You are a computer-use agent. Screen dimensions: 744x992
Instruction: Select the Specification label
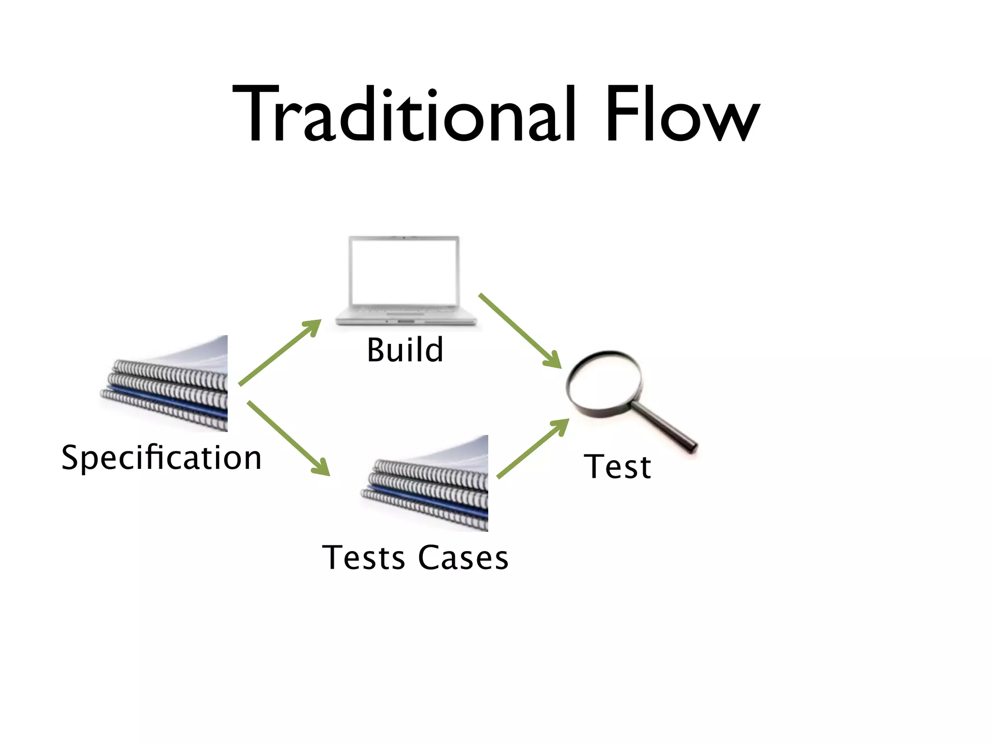coord(161,458)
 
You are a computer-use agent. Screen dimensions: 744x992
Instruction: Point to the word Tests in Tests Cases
coord(363,558)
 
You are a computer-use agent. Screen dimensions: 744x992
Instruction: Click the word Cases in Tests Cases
coord(463,558)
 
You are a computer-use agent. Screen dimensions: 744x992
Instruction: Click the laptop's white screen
coord(404,272)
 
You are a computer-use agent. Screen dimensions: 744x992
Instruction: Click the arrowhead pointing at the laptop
coord(314,326)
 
